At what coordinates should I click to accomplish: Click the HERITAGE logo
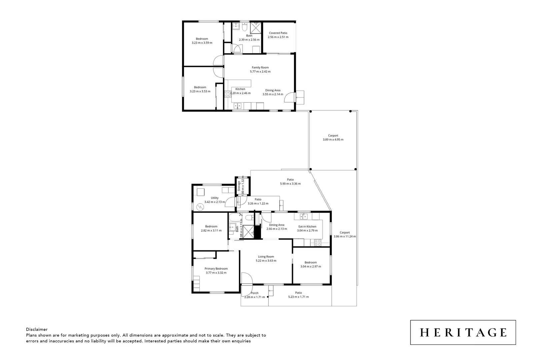click(463, 332)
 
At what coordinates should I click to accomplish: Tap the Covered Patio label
click(278, 33)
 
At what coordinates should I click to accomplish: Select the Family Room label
click(260, 67)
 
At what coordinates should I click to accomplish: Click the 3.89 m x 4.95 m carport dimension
click(333, 140)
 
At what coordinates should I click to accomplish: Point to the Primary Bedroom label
click(216, 269)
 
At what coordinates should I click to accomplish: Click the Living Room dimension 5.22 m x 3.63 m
click(266, 261)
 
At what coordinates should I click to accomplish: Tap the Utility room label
click(215, 198)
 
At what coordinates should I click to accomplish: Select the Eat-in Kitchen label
click(307, 226)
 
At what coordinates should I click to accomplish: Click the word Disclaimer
click(37, 329)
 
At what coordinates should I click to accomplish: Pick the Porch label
click(254, 293)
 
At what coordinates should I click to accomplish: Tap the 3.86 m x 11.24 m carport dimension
click(345, 237)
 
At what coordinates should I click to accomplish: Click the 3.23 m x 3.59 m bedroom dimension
click(202, 43)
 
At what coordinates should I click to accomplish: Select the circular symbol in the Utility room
click(200, 207)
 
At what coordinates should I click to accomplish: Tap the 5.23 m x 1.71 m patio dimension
click(298, 297)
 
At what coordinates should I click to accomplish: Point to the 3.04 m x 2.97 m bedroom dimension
click(311, 266)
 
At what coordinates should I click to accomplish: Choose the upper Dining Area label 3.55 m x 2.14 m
click(273, 94)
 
